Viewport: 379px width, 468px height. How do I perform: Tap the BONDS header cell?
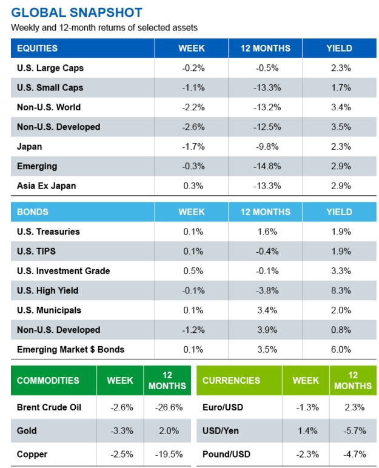tap(33, 212)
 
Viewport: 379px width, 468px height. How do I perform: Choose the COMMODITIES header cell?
tap(48, 381)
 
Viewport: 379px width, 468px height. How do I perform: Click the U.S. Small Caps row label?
tap(50, 87)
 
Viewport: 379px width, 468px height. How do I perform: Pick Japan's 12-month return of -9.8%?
tap(265, 147)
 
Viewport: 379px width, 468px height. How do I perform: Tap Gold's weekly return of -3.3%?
tap(120, 431)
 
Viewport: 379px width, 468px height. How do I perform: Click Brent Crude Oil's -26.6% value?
tap(167, 407)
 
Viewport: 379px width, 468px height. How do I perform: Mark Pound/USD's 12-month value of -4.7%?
tap(353, 454)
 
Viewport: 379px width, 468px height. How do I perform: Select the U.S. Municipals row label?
tap(49, 310)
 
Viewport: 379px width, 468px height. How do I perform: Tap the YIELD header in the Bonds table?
tap(339, 212)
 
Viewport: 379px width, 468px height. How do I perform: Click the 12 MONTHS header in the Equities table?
tap(265, 48)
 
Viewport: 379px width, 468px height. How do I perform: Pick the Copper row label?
tap(32, 454)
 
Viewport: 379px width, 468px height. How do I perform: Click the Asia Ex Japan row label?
tap(47, 186)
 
